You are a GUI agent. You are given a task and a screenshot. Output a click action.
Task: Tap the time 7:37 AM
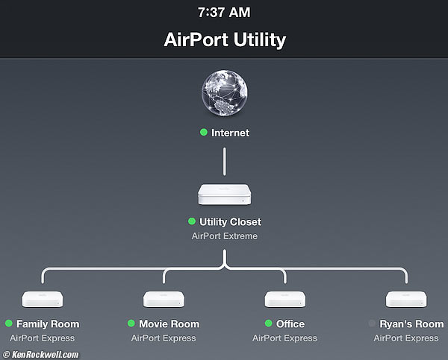tap(224, 13)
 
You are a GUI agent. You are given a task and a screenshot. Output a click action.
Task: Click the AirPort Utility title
tap(224, 40)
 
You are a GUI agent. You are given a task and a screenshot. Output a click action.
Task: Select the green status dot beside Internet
tap(203, 133)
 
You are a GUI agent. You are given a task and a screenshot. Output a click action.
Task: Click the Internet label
tap(230, 133)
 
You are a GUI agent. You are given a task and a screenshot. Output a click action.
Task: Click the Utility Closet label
tap(230, 221)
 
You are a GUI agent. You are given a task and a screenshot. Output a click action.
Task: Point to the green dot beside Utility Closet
tap(192, 221)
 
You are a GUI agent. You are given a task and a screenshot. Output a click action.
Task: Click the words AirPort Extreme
tap(225, 236)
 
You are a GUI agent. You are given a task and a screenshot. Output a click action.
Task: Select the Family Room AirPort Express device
tap(43, 300)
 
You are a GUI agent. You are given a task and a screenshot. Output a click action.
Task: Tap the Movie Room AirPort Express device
tap(164, 300)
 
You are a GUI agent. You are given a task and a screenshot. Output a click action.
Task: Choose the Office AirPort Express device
tap(284, 300)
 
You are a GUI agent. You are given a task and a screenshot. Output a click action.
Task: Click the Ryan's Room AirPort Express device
tap(406, 300)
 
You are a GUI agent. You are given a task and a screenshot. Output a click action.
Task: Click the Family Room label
tap(48, 323)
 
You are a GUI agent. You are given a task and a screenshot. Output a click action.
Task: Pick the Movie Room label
tap(169, 323)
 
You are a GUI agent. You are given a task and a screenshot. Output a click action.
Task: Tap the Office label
tap(290, 323)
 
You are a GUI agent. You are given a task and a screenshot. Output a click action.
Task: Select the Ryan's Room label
tap(411, 323)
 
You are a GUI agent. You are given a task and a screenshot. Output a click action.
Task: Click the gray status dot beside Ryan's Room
tap(373, 323)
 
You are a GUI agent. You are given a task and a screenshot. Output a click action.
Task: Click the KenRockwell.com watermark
tap(42, 355)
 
